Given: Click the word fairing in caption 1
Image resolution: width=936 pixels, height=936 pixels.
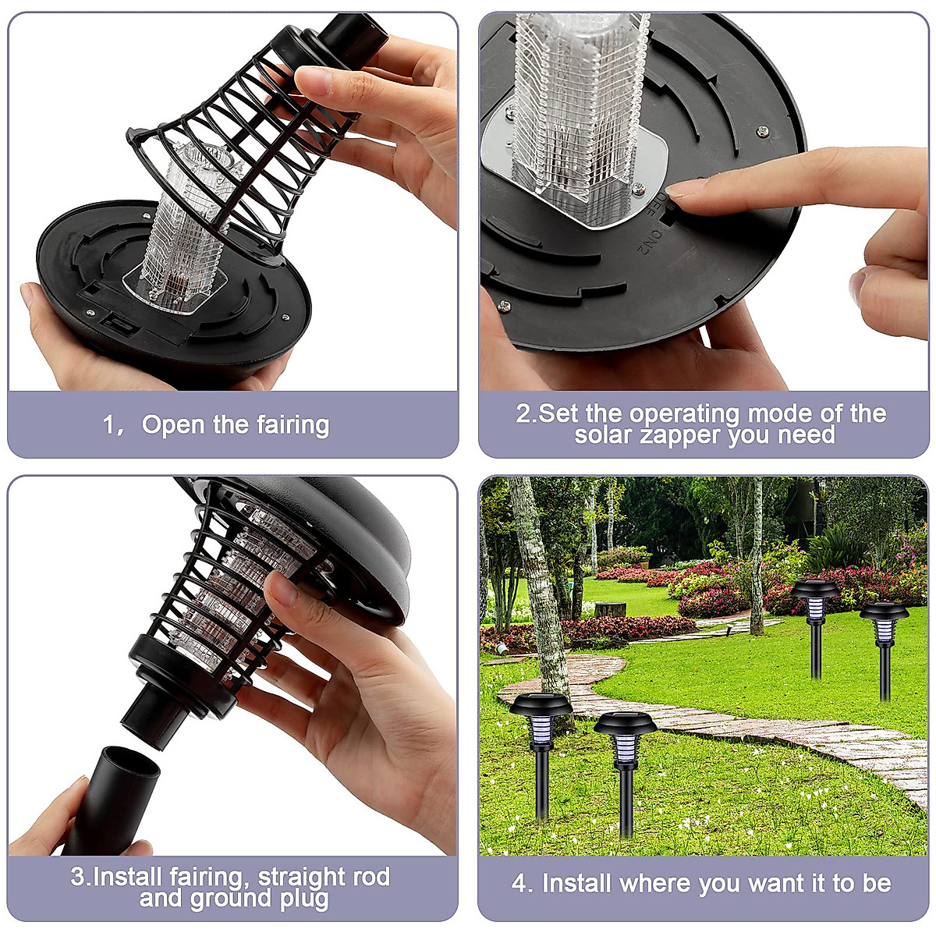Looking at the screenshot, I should [x=291, y=426].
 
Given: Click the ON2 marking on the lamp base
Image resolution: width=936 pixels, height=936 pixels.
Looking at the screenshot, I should [x=646, y=241].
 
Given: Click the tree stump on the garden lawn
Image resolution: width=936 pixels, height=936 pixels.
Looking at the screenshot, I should [x=610, y=609].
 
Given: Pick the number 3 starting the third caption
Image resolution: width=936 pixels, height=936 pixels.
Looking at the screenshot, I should [x=78, y=877].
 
